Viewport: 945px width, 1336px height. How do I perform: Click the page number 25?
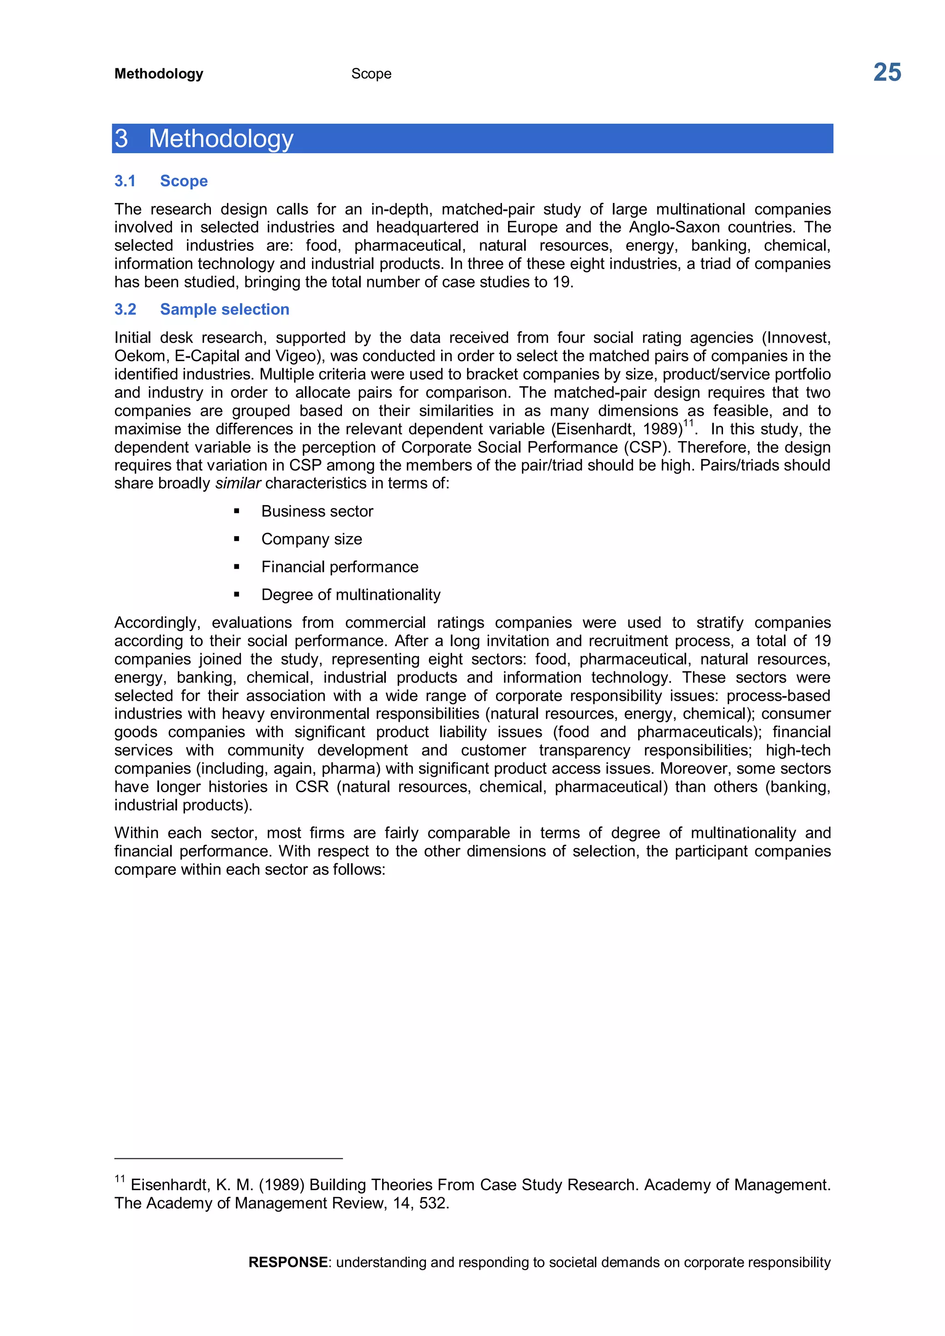point(886,73)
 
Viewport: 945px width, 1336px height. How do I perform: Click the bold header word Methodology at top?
point(159,74)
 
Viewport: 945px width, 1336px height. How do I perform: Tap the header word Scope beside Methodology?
point(371,74)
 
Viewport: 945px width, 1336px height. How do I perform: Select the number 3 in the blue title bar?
point(121,138)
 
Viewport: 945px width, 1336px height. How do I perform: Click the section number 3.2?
point(125,309)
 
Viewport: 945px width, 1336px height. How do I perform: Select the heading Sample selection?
point(225,309)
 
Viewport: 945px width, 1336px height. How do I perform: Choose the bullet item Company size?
point(311,539)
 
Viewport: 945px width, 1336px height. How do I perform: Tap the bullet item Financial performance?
point(340,567)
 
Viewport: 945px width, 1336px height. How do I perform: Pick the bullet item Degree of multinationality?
point(351,595)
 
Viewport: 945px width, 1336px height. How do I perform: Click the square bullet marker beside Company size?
point(236,539)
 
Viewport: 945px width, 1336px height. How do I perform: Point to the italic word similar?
point(238,483)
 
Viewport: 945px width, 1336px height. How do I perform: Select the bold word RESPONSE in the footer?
point(288,1262)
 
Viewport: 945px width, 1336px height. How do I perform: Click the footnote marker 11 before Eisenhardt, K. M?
point(120,1179)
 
